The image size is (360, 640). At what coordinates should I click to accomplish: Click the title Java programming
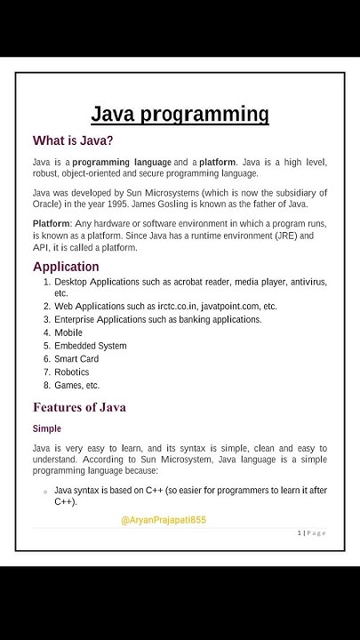coord(180,114)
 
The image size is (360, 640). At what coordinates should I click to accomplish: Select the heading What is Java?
coord(73,140)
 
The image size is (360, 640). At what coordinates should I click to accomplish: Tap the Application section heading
coord(66,267)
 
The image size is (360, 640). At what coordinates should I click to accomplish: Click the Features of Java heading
coord(79,407)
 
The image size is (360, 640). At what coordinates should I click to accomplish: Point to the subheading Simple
coord(47,428)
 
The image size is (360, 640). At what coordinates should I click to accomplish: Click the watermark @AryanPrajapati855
coord(164,520)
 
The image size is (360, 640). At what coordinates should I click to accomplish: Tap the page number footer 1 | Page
coord(311,532)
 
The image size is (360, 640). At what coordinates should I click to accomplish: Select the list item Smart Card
coord(76,359)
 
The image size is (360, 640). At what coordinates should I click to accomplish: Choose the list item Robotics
coord(72,372)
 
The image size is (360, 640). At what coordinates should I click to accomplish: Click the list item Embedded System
coord(90,346)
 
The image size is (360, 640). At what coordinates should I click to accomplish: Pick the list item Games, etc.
coord(76,386)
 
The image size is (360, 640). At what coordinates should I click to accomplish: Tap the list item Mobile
coord(68,332)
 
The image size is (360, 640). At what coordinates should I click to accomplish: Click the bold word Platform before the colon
coord(51,223)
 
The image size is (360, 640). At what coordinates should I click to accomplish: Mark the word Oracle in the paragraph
coord(49,204)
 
